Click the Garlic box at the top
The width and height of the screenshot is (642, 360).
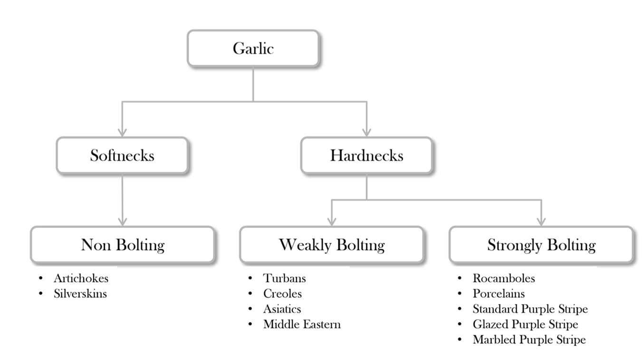[x=253, y=48]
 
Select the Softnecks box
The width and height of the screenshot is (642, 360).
[x=123, y=155]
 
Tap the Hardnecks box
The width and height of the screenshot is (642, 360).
[x=366, y=155]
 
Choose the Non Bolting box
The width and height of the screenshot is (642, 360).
[x=123, y=245]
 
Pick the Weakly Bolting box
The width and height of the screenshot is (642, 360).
[x=332, y=245]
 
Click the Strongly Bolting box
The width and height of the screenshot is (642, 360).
[x=541, y=245]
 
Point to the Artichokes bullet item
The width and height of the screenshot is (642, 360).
[x=81, y=278]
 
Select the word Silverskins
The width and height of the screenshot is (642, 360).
[x=80, y=294]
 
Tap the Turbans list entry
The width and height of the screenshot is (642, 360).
[x=285, y=278]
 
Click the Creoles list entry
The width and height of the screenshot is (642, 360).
[x=283, y=294]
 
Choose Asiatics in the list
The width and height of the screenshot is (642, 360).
[x=282, y=309]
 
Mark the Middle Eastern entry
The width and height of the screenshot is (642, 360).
[x=302, y=324]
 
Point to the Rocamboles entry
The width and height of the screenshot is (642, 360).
[x=504, y=278]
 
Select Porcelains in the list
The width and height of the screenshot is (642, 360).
[x=498, y=294]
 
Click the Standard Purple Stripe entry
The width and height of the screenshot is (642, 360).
[x=530, y=309]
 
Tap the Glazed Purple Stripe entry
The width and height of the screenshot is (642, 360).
[x=526, y=324]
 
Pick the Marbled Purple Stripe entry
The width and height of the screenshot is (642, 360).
[x=529, y=340]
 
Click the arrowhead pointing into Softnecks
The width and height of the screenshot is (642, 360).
[x=123, y=133]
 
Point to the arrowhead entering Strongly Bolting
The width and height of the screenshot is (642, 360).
[x=541, y=222]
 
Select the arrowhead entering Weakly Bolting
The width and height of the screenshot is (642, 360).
[x=332, y=222]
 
